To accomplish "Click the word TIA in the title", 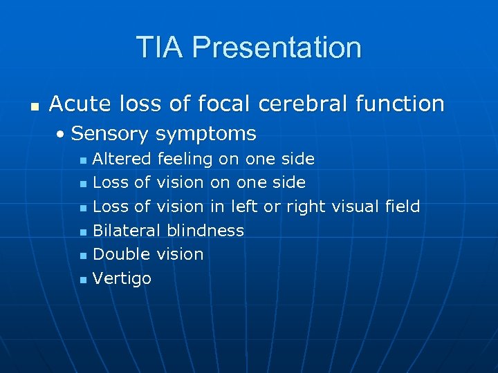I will point(160,48).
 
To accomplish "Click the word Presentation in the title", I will point(277,48).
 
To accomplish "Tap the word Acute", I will point(77,104).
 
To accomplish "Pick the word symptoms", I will point(206,134).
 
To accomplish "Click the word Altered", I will point(122,160).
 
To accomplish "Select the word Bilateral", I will point(127,231).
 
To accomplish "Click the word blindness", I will point(205,231).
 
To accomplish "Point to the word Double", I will point(121,254).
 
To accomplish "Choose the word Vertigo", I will point(122,278).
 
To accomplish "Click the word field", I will point(403,207).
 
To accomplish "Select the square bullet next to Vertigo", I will point(82,280).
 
